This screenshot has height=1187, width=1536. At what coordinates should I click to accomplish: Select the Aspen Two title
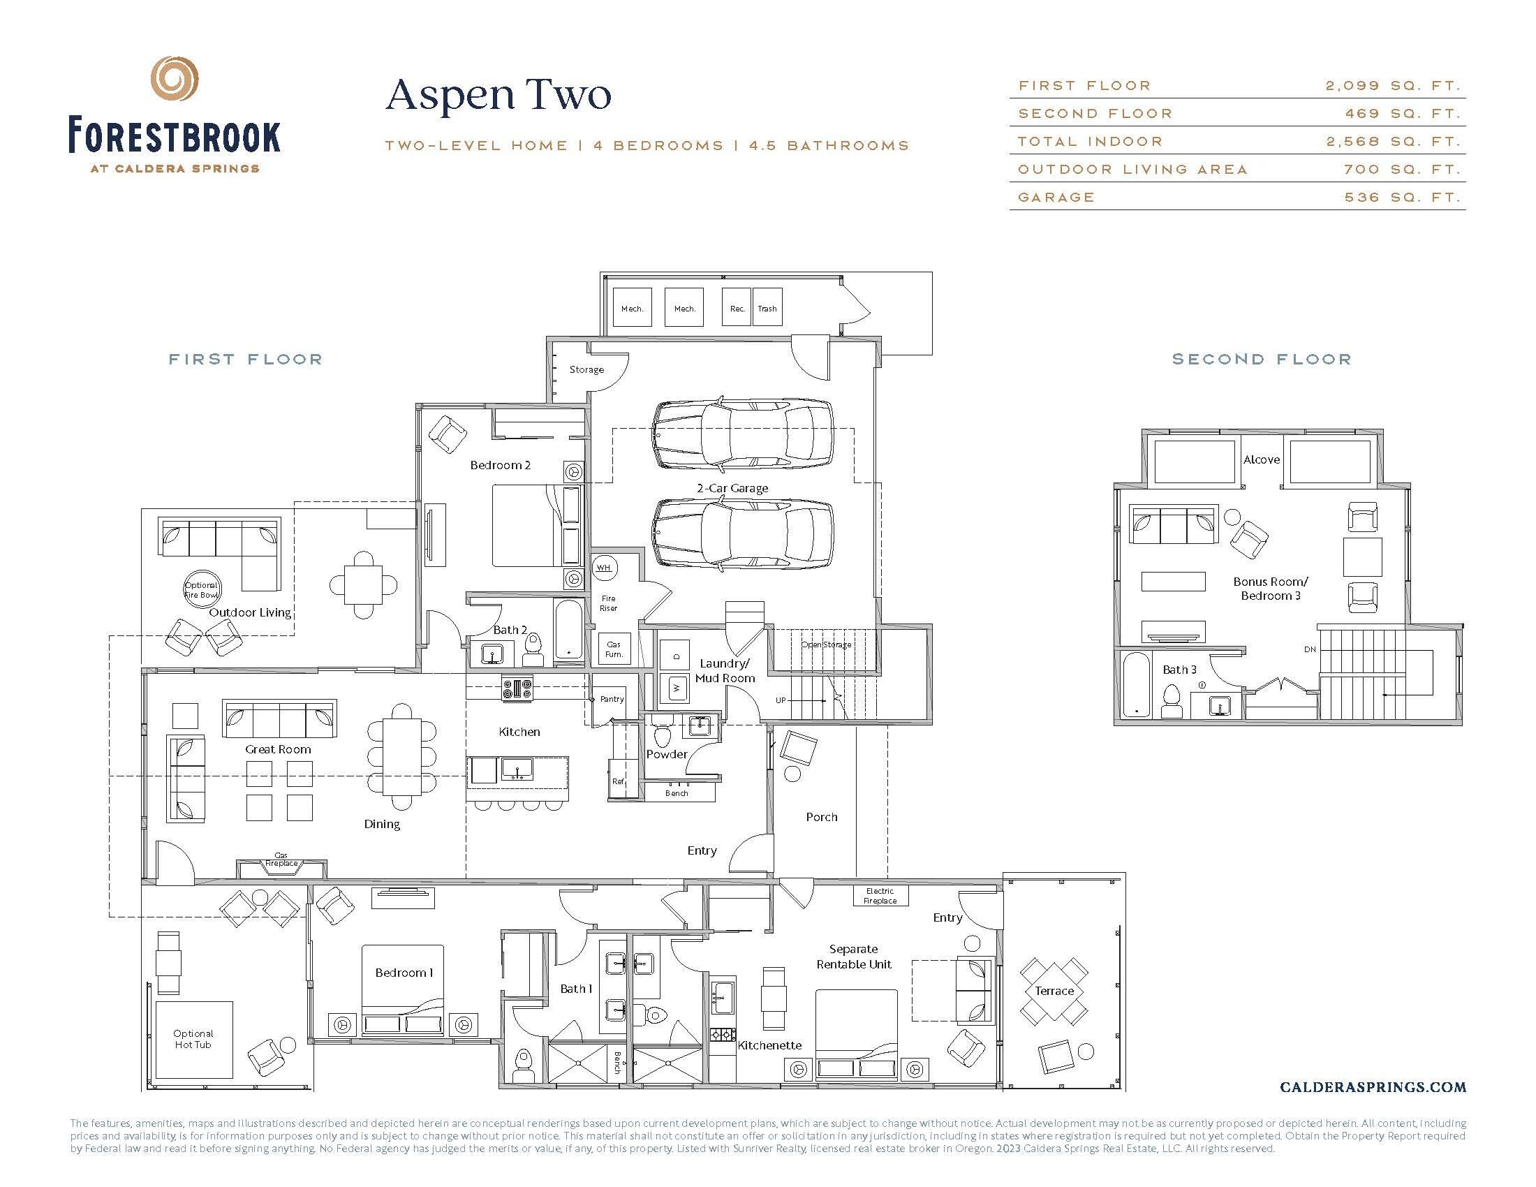[499, 96]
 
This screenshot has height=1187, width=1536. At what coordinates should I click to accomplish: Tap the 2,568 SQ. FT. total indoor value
[1393, 141]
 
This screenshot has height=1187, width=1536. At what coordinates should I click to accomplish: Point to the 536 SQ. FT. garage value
[1403, 198]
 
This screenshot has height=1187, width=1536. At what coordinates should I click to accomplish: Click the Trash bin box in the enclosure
[767, 307]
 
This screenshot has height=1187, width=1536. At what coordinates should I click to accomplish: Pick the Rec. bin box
[737, 307]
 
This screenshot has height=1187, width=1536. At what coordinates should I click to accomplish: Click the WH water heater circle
[604, 568]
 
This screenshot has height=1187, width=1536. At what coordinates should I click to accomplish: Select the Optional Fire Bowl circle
[202, 589]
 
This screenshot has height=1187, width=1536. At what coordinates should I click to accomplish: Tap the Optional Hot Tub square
[193, 1040]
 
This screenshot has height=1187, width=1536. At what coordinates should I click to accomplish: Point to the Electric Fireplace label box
[880, 896]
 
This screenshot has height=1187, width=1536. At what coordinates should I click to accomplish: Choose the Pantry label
[611, 699]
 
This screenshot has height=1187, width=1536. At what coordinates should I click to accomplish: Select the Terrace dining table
[1054, 991]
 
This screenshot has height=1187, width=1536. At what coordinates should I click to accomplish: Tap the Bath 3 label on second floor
[1179, 670]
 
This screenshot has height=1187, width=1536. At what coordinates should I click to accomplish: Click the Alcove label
[1261, 460]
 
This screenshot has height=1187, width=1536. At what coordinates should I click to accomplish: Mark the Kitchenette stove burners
[722, 1034]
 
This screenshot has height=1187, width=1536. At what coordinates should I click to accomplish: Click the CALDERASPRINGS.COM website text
[1373, 1087]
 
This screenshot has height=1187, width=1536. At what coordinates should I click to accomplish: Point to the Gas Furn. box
[614, 649]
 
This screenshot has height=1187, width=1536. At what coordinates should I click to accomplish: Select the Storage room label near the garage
[586, 370]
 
